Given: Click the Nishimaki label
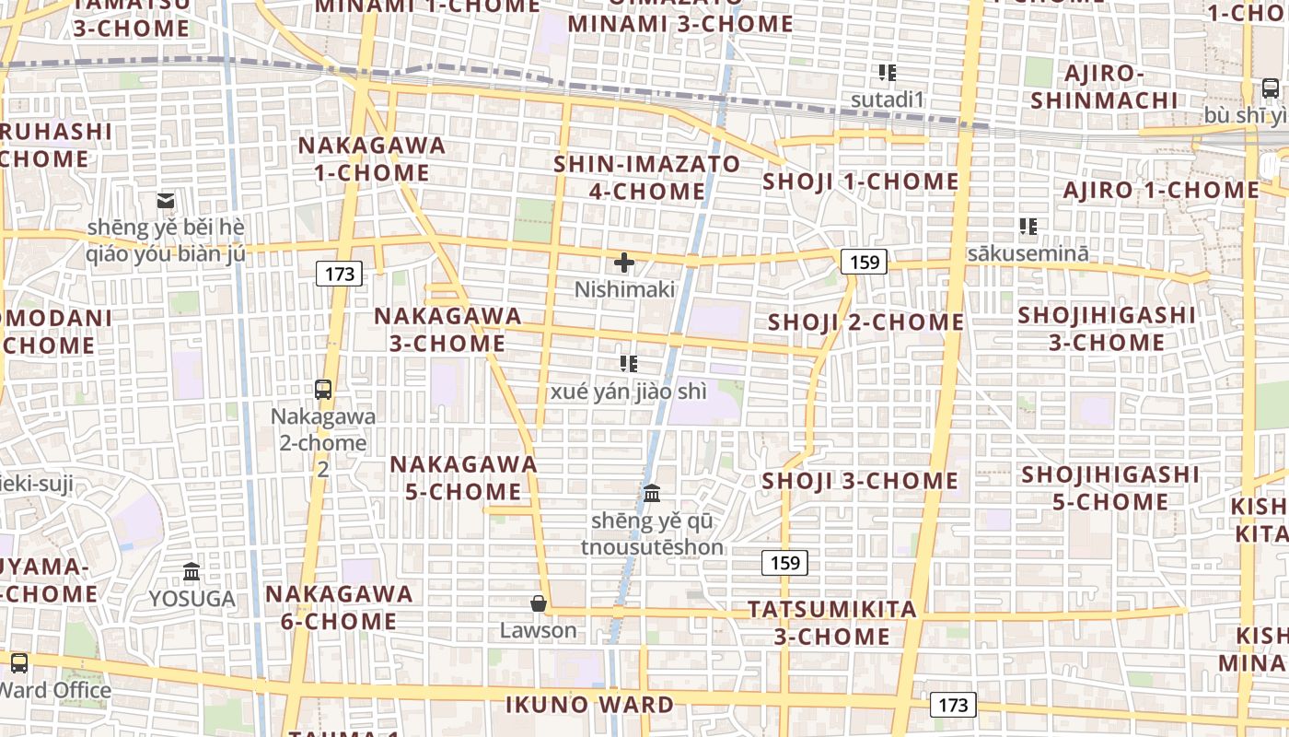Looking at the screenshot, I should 624,289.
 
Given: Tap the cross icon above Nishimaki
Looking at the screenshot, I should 624,263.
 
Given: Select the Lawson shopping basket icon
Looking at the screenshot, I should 539,604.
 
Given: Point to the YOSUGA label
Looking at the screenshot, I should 192,599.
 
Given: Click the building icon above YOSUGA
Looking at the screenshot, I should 192,572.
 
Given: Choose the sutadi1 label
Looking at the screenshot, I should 887,99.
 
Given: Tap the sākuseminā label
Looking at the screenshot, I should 1028,252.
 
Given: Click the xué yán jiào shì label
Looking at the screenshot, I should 629,392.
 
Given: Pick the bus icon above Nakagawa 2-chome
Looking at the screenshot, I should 323,389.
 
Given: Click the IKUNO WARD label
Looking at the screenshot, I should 589,706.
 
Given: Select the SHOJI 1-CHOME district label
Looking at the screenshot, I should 861,181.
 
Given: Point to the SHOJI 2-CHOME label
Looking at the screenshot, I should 865,322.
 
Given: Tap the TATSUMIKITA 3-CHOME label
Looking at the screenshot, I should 832,623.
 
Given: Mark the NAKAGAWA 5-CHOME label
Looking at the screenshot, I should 463,477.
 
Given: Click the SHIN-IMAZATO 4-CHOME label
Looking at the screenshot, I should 646,178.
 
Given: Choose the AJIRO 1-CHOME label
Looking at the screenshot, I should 1161,191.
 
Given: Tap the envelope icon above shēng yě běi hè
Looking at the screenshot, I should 166,200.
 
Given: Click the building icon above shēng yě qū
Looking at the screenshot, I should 652,494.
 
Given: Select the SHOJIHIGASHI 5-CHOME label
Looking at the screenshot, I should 1110,488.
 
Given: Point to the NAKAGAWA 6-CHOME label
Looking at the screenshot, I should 340,607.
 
